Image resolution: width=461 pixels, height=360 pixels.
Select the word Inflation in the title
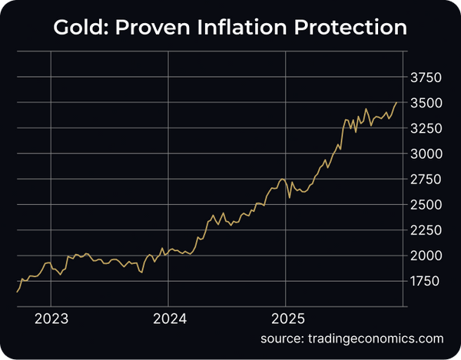click(247, 28)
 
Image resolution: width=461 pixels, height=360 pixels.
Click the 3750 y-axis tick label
click(426, 78)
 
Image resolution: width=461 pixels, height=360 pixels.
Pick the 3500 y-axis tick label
click(426, 103)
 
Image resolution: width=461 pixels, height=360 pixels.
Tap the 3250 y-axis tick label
click(426, 128)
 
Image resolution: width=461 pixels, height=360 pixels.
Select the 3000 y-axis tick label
click(426, 154)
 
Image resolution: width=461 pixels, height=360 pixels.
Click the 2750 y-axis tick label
click(426, 180)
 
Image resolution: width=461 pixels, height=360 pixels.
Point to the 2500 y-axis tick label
click(426, 205)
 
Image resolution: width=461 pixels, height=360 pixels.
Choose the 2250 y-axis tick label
click(426, 230)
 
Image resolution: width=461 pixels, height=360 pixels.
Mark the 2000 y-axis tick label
click(426, 256)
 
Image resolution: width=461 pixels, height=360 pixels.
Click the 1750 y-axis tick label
click(426, 281)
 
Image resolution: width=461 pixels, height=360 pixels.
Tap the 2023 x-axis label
click(51, 319)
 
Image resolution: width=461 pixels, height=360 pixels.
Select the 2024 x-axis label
click(168, 319)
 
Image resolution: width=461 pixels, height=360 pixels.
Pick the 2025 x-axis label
click(285, 319)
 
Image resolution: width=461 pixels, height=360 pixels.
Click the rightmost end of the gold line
click(396, 103)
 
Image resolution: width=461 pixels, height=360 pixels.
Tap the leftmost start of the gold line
click(17, 292)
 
